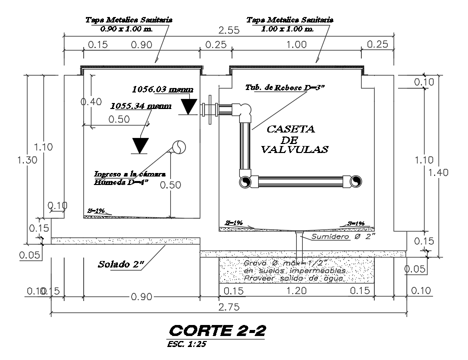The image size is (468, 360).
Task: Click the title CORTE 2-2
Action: [217, 330]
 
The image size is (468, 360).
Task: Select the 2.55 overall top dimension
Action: [229, 30]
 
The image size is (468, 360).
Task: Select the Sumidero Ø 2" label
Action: [343, 235]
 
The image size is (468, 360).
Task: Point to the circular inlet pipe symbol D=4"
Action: [179, 146]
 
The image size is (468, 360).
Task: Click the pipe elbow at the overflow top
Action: [245, 111]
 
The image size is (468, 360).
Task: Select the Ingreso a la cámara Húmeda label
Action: [130, 178]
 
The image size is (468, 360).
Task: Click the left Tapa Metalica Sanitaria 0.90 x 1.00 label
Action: [129, 24]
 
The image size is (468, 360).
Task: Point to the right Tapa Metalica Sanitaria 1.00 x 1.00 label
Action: [290, 24]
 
